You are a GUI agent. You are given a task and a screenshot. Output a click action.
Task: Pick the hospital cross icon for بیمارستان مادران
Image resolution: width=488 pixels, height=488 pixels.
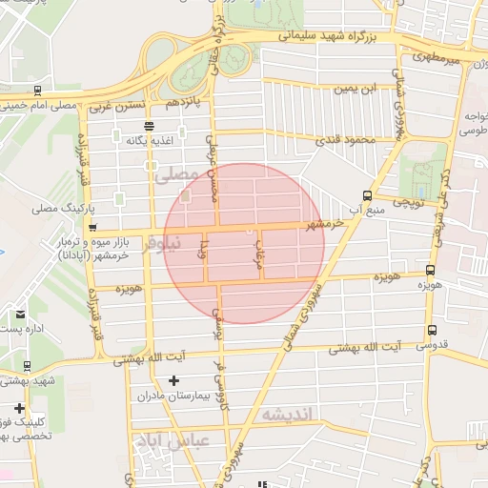point(173,381)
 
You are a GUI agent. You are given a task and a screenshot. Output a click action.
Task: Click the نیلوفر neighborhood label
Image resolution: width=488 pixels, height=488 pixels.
point(159,245)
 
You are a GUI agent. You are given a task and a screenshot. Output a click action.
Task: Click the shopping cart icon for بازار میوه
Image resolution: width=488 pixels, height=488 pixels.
point(92,228)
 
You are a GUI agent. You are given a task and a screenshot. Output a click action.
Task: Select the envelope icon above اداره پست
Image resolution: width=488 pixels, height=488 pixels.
point(20,314)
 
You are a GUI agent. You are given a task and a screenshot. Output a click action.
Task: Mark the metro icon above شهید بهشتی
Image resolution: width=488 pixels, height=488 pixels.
point(26,365)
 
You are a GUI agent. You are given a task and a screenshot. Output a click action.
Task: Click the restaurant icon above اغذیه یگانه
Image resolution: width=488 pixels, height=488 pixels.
point(149,126)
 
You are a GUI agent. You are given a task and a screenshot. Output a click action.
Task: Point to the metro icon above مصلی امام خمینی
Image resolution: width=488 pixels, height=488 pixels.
point(37,91)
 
